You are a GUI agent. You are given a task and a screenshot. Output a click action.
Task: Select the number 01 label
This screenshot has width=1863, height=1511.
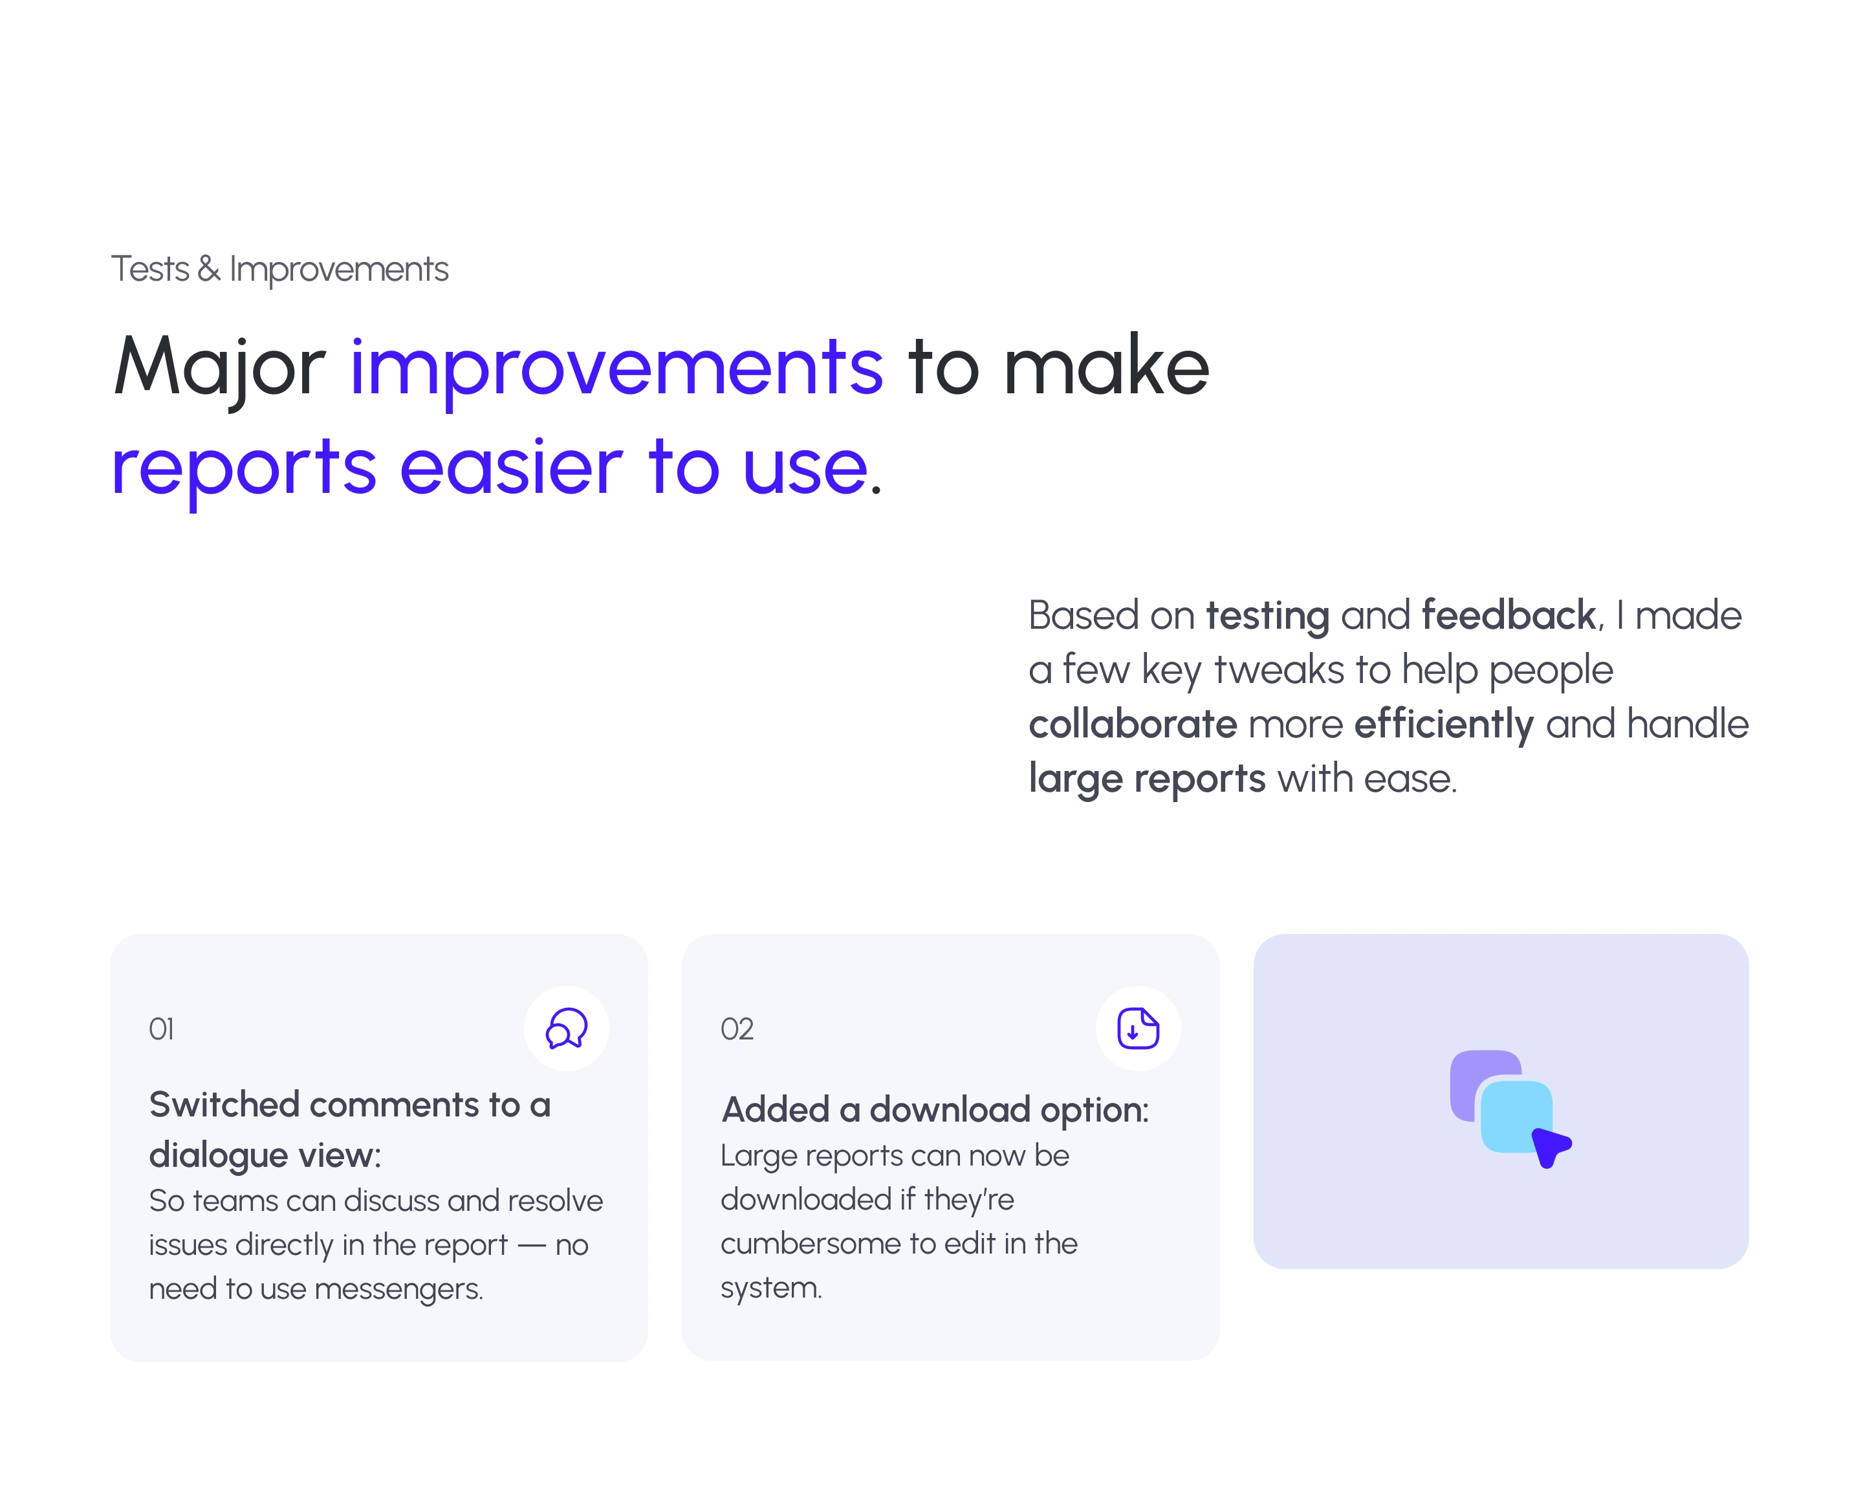click(x=161, y=1029)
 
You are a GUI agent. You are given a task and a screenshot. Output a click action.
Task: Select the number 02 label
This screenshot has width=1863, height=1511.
click(x=737, y=1029)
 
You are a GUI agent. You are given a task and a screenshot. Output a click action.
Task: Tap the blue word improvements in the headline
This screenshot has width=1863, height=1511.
click(x=616, y=369)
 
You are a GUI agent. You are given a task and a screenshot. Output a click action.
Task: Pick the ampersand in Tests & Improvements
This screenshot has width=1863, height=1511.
click(x=209, y=269)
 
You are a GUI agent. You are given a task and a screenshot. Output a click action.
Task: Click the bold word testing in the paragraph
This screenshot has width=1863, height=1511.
click(x=1267, y=617)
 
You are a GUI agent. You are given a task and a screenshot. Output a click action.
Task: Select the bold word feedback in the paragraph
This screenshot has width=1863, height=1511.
click(x=1509, y=615)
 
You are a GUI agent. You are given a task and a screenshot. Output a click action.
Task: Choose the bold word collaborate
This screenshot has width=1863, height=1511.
click(x=1133, y=723)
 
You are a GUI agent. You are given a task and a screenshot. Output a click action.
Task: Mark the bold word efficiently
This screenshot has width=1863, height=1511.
click(x=1443, y=725)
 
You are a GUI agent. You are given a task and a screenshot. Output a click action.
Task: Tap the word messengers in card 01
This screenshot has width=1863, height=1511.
click(x=398, y=1289)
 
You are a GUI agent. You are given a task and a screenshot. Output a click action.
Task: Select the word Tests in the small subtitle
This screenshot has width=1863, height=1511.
click(x=149, y=269)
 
